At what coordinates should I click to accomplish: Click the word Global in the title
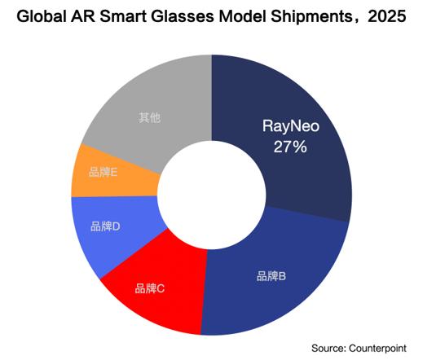(x=42, y=16)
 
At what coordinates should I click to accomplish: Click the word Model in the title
(x=243, y=16)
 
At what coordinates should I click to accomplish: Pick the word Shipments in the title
(x=311, y=16)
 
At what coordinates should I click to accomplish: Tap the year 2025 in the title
(x=387, y=16)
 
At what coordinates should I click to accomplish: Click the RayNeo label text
(x=291, y=126)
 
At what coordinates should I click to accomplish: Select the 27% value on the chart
(x=290, y=147)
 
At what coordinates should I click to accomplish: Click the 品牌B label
(x=271, y=276)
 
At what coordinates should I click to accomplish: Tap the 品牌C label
(x=150, y=288)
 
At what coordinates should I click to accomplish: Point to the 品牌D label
(x=105, y=226)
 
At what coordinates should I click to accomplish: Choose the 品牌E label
(x=103, y=172)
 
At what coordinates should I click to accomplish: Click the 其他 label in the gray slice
(x=150, y=117)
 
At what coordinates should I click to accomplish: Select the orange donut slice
(x=111, y=175)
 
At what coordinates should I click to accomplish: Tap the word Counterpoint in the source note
(x=377, y=349)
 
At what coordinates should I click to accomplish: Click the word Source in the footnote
(x=328, y=348)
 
